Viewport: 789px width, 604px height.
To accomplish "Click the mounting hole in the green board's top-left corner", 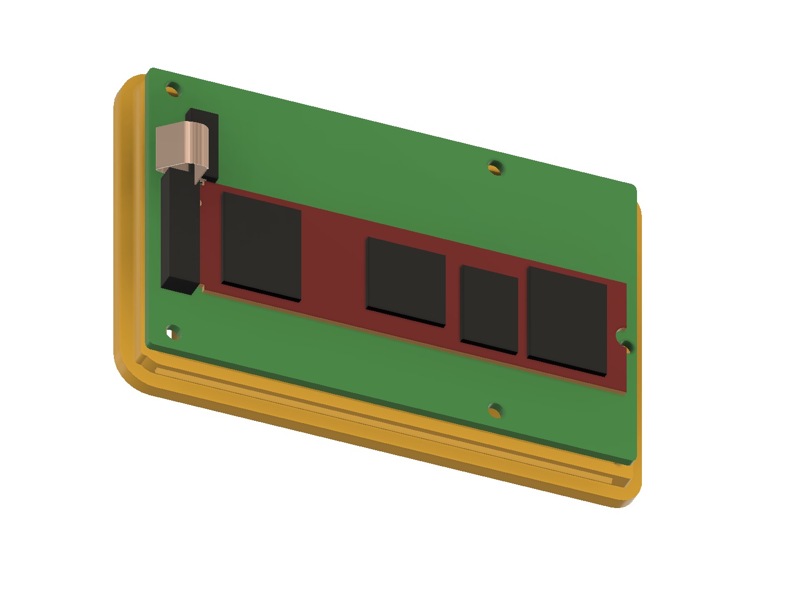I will (x=172, y=88).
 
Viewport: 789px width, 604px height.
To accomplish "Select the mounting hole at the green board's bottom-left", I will (x=173, y=331).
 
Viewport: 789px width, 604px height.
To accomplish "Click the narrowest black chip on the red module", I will (x=489, y=310).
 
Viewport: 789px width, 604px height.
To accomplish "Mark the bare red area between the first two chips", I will (x=333, y=262).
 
